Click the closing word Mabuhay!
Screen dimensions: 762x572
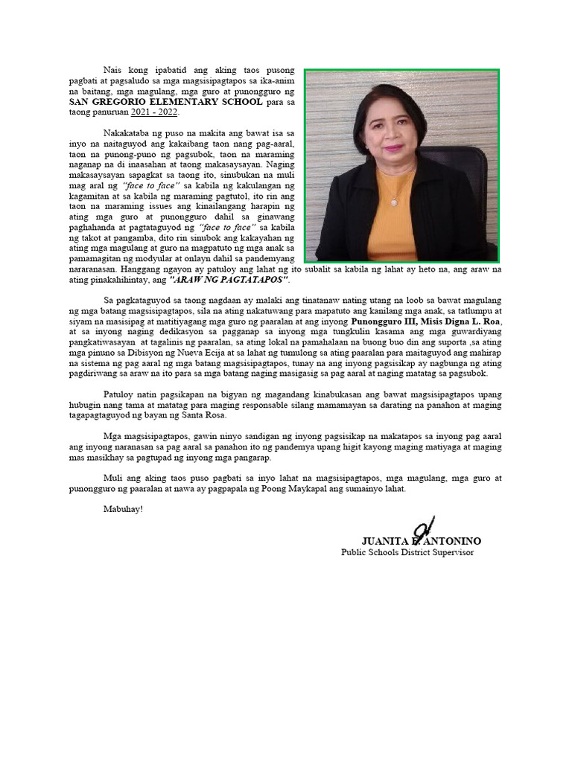click(x=122, y=508)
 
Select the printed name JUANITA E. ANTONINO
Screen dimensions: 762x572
click(x=421, y=541)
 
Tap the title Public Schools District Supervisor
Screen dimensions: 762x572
click(x=407, y=552)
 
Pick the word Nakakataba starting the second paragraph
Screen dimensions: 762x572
click(x=128, y=132)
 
